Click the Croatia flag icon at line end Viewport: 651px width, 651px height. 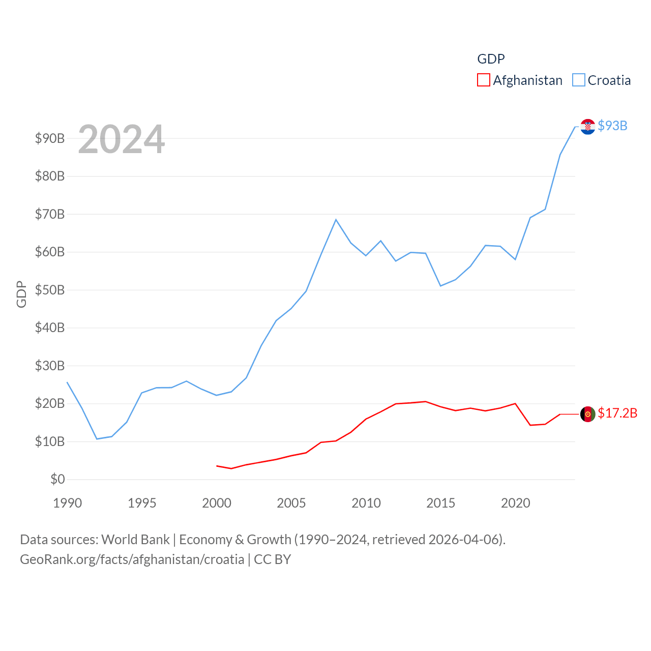tap(587, 127)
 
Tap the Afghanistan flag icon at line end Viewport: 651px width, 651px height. tap(587, 414)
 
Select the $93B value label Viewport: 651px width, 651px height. tap(612, 126)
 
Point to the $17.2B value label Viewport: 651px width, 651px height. tap(617, 413)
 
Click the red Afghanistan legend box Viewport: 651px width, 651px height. tap(483, 80)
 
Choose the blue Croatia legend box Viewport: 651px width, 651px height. tap(578, 80)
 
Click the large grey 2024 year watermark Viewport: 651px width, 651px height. tap(121, 139)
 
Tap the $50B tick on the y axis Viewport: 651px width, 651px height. tap(50, 290)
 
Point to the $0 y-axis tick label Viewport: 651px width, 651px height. tap(57, 479)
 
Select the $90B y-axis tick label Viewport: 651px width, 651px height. tap(50, 138)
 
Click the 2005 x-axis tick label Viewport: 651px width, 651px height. tap(291, 503)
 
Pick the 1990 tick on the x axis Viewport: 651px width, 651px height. tap(67, 503)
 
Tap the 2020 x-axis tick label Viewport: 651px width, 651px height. tap(515, 503)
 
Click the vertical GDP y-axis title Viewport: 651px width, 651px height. tap(21, 294)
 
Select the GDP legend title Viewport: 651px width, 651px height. tap(491, 59)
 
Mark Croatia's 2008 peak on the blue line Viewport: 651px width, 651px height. tap(336, 220)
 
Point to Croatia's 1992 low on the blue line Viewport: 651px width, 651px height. tap(97, 439)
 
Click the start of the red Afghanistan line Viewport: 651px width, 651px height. tap(217, 466)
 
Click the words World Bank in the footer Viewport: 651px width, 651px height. tap(135, 539)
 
